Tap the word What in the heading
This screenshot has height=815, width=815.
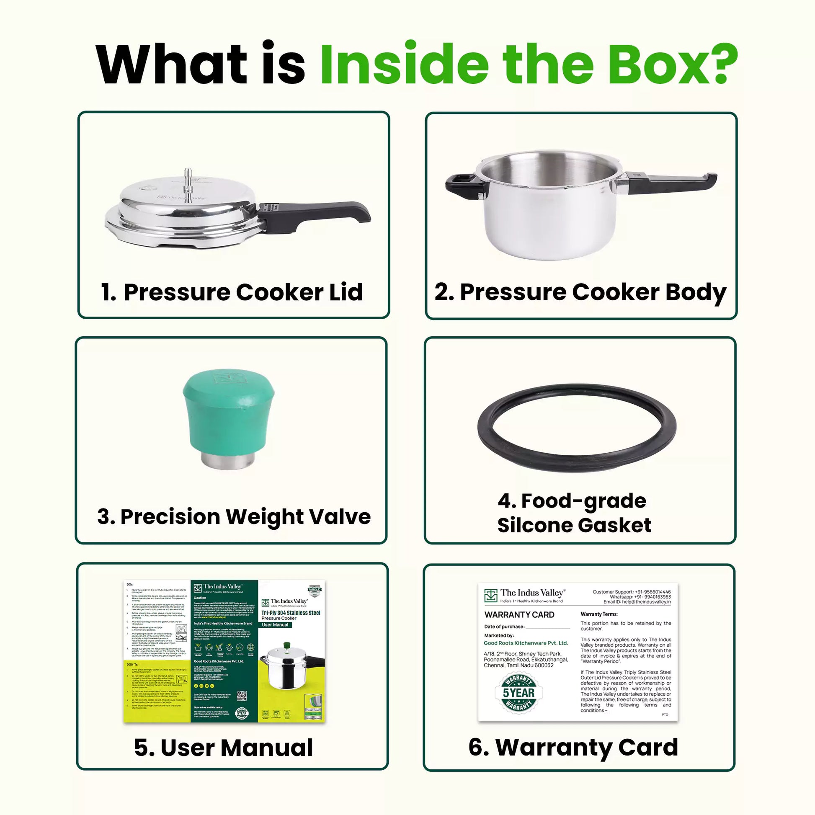[x=170, y=64]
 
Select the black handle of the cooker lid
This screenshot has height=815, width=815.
[x=321, y=213]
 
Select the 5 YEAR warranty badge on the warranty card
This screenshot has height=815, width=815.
[x=518, y=693]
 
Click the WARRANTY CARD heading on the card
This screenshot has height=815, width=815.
[x=519, y=615]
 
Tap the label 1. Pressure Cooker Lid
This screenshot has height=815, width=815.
[x=232, y=292]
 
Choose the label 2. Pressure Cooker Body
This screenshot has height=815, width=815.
[x=580, y=292]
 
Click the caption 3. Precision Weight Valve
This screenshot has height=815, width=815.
[x=234, y=517]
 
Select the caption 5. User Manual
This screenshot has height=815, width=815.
[x=224, y=748]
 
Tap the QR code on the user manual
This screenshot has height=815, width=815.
[x=241, y=696]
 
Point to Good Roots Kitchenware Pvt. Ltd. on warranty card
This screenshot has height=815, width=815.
[x=526, y=643]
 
